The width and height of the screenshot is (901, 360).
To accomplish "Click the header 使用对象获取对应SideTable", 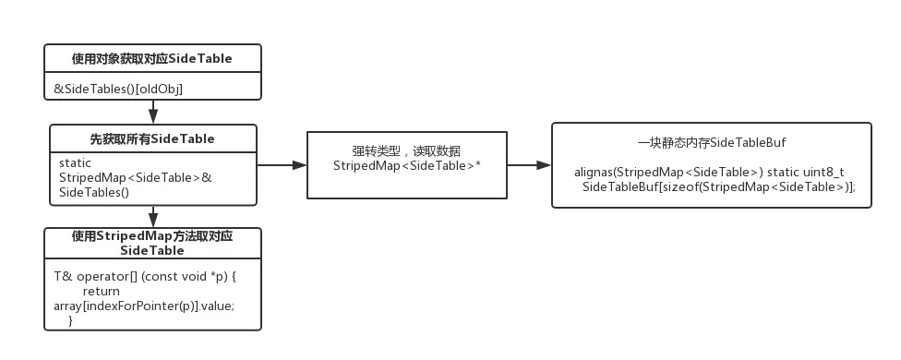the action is pyautogui.click(x=151, y=59).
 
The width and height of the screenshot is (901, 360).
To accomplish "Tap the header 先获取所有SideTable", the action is pyautogui.click(x=151, y=138).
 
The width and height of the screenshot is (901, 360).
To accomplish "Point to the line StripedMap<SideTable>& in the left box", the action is pyautogui.click(x=135, y=177).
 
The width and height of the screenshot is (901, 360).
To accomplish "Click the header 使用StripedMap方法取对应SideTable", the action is pyautogui.click(x=151, y=243).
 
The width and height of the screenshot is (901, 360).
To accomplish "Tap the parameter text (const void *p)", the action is pyautogui.click(x=186, y=276).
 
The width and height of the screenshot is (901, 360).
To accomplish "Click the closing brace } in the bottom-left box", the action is pyautogui.click(x=70, y=319).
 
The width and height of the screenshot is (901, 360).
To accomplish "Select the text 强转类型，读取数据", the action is pyautogui.click(x=407, y=150).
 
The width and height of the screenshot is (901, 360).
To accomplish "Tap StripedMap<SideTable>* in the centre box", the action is pyautogui.click(x=407, y=165).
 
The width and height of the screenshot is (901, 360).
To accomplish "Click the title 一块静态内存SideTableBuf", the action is pyautogui.click(x=711, y=143).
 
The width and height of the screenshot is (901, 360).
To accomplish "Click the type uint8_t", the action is pyautogui.click(x=822, y=173).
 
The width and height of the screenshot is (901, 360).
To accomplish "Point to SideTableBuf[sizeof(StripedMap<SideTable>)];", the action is pyautogui.click(x=719, y=186).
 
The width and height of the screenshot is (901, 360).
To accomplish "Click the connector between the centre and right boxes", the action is pyautogui.click(x=529, y=166).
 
